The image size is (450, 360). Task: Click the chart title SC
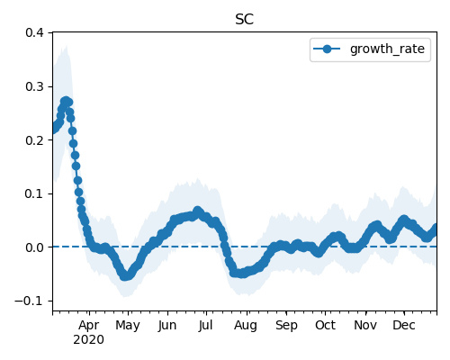245,20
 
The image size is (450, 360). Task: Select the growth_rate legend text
387,49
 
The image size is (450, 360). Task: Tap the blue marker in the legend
327,49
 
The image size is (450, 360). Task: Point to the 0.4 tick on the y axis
34,32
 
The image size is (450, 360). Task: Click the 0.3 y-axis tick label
34,86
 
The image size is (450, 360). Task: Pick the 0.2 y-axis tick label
34,140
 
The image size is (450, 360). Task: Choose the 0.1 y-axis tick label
34,193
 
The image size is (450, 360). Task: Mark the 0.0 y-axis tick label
34,247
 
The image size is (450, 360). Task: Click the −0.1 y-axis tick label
30,301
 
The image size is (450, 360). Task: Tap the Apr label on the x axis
89,326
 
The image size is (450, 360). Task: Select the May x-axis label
128,326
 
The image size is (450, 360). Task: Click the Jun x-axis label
167,326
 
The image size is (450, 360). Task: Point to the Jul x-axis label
206,326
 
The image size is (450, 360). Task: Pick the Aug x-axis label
246,326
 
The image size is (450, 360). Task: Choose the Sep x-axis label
286,326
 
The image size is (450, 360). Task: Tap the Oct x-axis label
325,326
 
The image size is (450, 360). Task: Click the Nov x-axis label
365,326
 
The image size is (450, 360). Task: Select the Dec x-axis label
404,326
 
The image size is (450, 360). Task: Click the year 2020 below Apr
89,340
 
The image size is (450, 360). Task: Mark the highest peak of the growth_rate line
66,101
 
